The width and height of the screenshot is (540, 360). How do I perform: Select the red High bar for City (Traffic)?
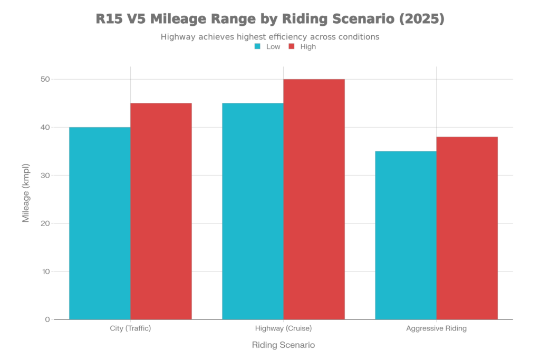pos(161,211)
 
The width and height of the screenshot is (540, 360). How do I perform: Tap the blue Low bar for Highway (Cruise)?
pos(253,211)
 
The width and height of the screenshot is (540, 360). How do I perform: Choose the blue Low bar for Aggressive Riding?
pos(406,235)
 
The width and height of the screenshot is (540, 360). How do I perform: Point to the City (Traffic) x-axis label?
pos(130,328)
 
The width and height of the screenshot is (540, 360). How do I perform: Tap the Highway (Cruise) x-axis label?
pos(283,328)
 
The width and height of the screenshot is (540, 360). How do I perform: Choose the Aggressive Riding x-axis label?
pos(436,328)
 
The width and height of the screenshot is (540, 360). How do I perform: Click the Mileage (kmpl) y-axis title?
pos(26,193)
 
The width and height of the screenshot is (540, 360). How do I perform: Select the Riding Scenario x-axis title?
pos(284,346)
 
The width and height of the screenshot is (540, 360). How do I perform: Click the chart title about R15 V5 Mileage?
pos(270,20)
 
